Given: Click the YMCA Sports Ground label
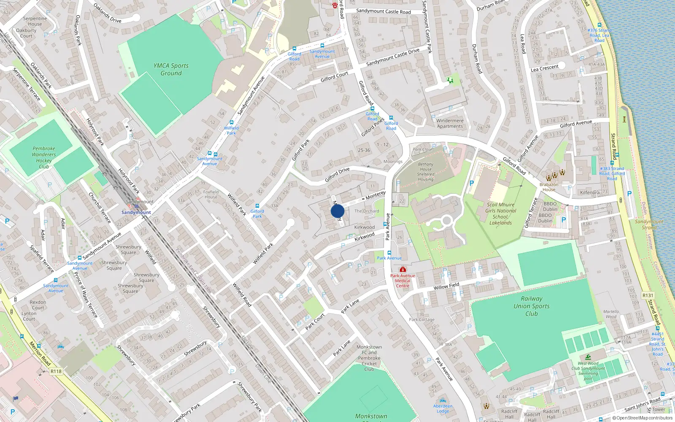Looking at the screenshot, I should [171, 69].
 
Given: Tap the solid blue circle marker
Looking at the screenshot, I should [337, 211].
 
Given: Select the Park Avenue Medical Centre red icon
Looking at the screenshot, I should [403, 269].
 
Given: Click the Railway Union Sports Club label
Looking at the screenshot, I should [532, 306].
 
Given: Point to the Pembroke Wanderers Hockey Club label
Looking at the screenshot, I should [44, 157].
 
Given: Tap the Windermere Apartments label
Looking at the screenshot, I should [450, 123].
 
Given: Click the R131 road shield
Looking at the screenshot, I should [648, 295].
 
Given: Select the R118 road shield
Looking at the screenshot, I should [56, 371].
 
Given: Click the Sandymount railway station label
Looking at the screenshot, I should [136, 212].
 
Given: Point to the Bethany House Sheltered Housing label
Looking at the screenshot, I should [426, 172].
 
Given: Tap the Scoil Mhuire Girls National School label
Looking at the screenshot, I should [501, 214].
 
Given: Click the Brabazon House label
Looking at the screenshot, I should [549, 187].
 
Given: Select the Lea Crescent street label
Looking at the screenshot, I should [544, 68].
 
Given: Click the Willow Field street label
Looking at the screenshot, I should [446, 286].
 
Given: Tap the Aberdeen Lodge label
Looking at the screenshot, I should [443, 408].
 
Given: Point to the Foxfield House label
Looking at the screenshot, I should [211, 194].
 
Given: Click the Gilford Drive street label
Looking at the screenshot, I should [337, 175].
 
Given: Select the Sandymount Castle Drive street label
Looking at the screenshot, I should [393, 57].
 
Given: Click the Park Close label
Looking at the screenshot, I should [422, 149].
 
